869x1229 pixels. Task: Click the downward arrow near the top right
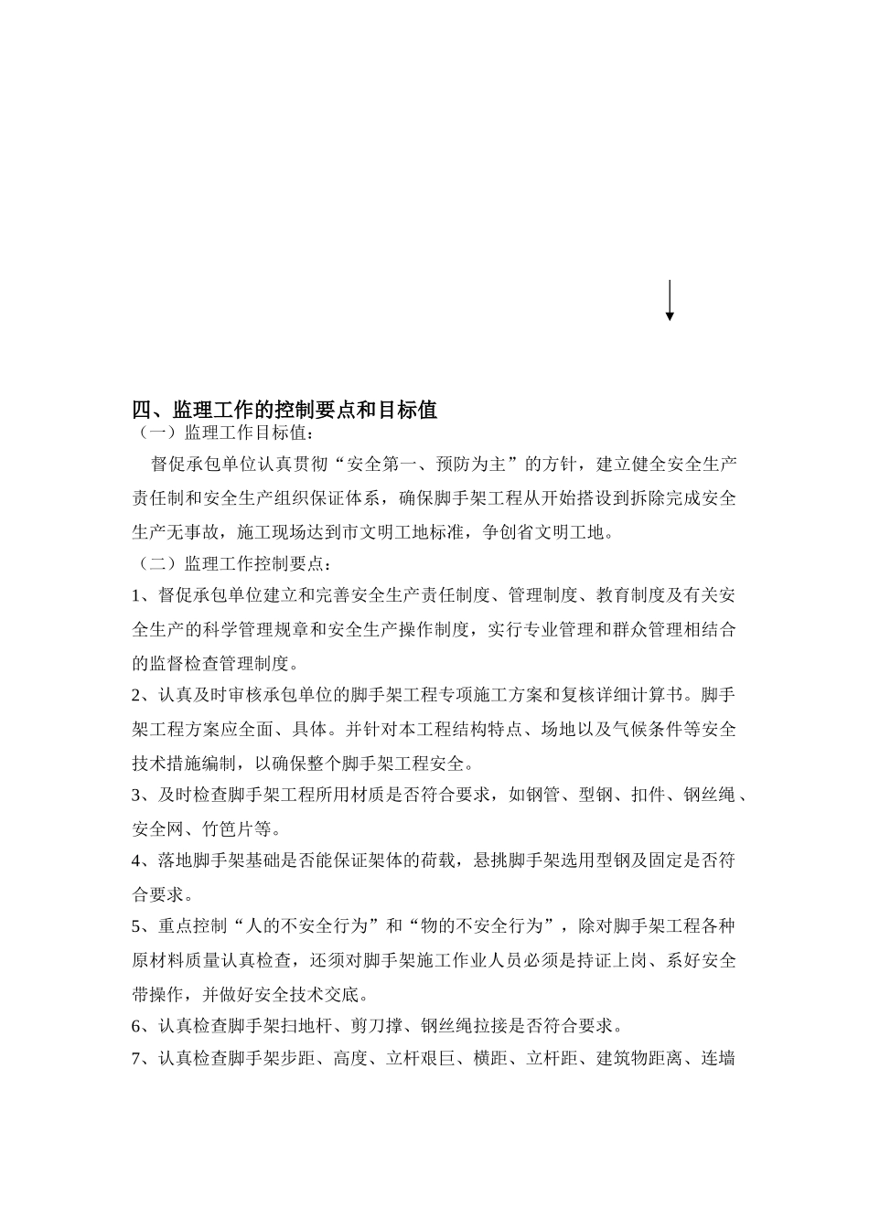click(x=670, y=301)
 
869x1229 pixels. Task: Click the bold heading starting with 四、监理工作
click(x=284, y=409)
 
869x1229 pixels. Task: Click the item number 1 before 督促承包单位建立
click(x=137, y=596)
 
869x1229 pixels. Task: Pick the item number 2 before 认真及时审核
click(x=137, y=695)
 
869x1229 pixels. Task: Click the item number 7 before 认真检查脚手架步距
click(x=137, y=1059)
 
